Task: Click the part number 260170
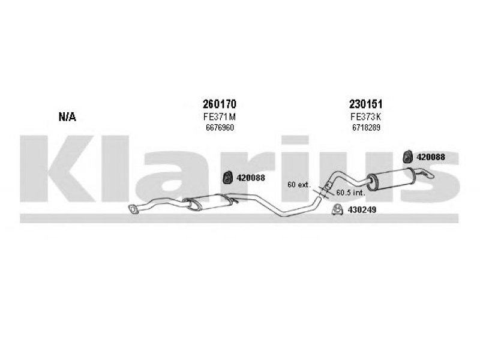coord(220,104)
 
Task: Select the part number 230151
coord(366,104)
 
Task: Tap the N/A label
coord(67,116)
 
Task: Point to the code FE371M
coord(220,116)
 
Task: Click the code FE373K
coord(366,116)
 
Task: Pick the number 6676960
coord(220,127)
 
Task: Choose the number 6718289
coord(366,127)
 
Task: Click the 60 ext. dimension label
coord(299,185)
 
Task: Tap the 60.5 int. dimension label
coord(350,193)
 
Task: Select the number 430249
coord(362,210)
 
